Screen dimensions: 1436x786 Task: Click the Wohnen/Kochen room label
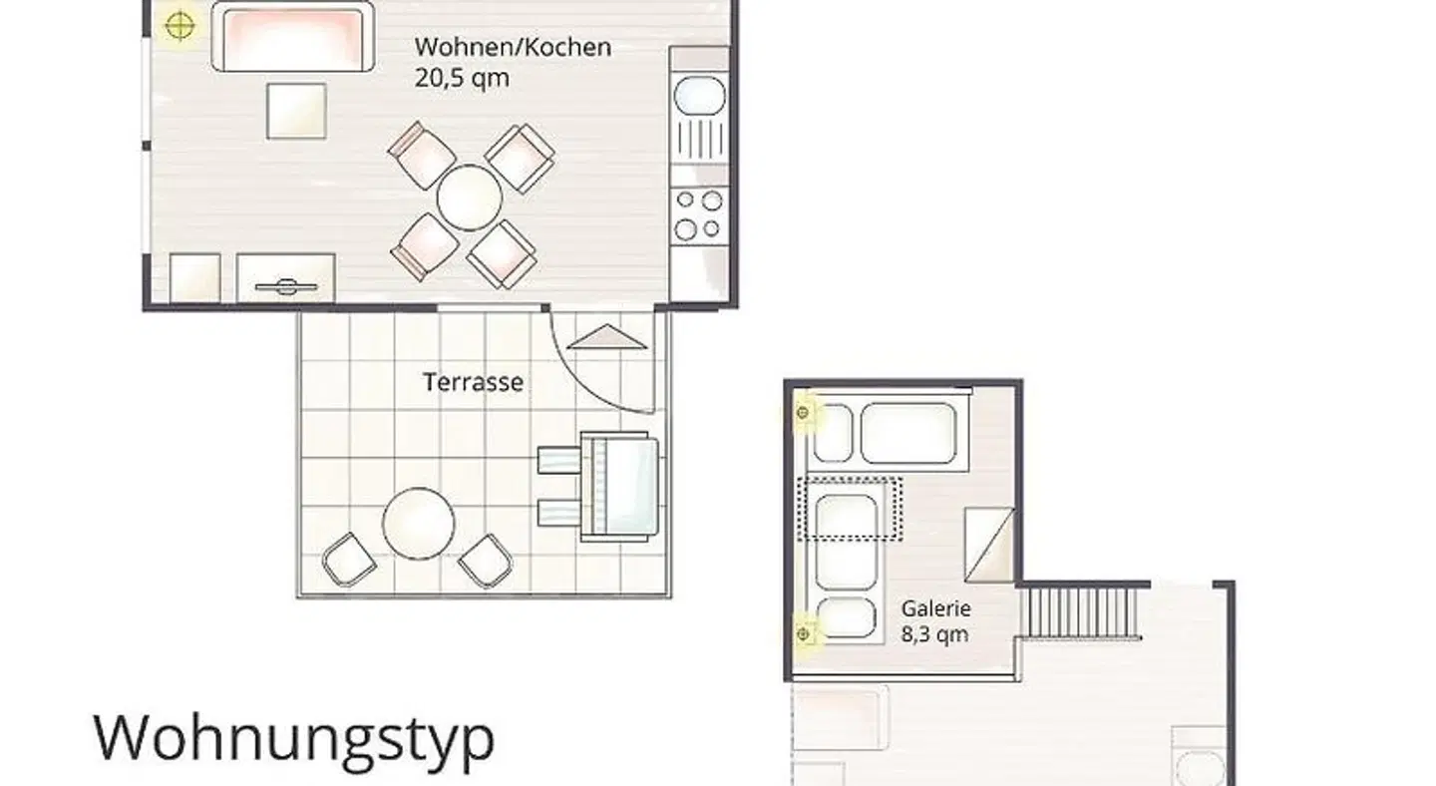coord(513,48)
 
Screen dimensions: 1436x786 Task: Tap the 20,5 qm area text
coord(462,78)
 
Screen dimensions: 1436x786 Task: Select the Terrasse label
coord(473,382)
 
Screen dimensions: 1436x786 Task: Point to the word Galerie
coord(936,608)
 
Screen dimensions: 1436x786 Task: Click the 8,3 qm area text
coord(934,634)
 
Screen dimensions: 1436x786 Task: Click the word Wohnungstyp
coord(294,738)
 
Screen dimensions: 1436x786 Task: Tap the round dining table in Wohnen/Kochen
coord(470,197)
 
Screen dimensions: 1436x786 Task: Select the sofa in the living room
coord(293,36)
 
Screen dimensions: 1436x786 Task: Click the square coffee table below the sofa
coord(296,111)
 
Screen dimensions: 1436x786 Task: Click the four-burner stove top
coord(699,215)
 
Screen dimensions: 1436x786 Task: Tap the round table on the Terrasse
coord(419,523)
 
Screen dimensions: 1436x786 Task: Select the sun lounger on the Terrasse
coord(598,487)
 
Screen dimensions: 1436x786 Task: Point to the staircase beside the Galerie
coord(1083,612)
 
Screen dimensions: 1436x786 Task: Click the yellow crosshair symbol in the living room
coord(179,26)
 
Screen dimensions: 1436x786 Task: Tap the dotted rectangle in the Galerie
coord(850,509)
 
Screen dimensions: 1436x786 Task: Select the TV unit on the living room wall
coord(286,278)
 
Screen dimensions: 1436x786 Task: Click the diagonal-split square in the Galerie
coord(989,545)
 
